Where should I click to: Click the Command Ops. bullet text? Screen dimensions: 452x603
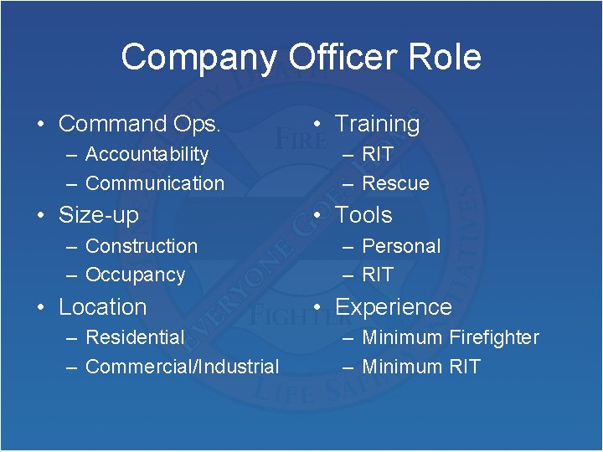pos(140,124)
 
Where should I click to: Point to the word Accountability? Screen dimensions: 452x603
pos(147,154)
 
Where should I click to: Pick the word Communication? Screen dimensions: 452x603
pos(155,183)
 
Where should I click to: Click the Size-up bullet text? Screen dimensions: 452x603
pos(99,215)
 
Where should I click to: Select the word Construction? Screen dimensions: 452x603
pos(142,246)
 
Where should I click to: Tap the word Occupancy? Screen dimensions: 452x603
pos(135,275)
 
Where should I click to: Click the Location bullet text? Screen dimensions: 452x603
pos(102,307)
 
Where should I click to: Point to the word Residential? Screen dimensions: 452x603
pos(135,337)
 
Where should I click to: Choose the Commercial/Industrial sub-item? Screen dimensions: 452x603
pos(183,367)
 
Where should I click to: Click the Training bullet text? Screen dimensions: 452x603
pos(377,124)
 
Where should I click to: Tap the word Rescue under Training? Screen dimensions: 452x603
pos(395,183)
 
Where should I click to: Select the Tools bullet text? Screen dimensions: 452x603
pos(363,215)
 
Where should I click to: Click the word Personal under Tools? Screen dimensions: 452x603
pos(401,246)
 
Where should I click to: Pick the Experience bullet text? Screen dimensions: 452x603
pos(394,307)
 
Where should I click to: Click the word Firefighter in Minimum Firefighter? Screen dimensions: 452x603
pos(494,337)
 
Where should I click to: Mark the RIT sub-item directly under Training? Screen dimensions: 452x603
pos(378,154)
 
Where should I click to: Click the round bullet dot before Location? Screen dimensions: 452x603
pos(40,307)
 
